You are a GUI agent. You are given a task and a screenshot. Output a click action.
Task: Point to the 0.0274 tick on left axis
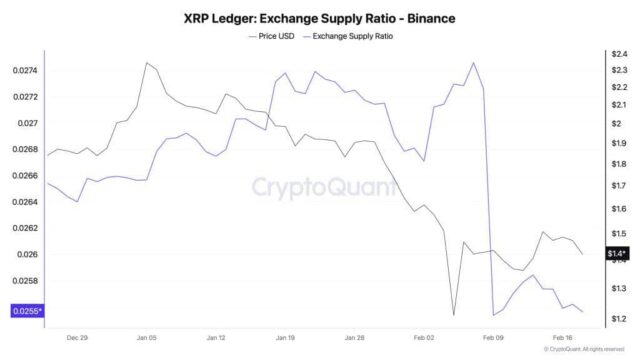(27, 70)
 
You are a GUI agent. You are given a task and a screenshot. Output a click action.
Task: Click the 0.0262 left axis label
(27, 228)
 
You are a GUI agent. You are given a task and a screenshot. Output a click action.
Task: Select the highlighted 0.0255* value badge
(26, 311)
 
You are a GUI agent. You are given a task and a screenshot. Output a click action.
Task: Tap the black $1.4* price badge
(617, 254)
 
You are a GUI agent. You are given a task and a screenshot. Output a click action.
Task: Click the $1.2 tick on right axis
(616, 318)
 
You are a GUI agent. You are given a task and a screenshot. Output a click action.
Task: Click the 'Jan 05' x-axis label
(147, 337)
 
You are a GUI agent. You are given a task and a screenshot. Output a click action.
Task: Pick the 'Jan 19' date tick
(286, 337)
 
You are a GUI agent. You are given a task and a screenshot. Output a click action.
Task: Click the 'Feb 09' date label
(494, 337)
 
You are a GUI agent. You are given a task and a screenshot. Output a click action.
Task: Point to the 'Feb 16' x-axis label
(563, 337)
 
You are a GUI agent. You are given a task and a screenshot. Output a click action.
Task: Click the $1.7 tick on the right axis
(616, 187)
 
